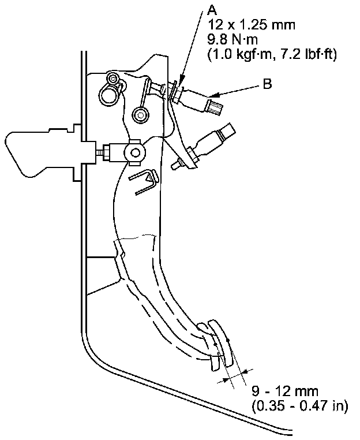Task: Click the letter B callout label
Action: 267,84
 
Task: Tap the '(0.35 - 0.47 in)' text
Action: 299,405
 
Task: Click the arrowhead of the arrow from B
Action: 215,95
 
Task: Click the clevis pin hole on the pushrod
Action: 135,153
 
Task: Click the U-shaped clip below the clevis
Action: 144,182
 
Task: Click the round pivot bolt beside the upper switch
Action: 139,115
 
